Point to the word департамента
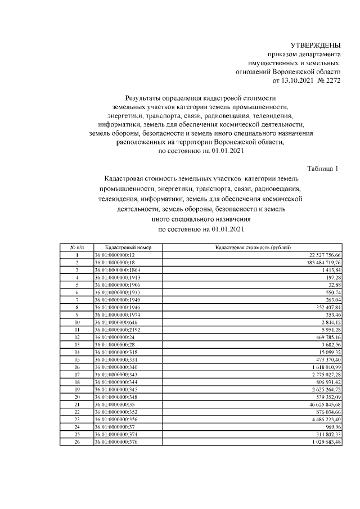[x=319, y=54]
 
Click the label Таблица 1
[x=323, y=168]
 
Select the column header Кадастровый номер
[x=120, y=247]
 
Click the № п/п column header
[x=76, y=247]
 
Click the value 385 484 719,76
[x=316, y=262]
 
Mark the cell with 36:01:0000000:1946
[x=118, y=307]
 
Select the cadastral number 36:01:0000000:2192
[x=118, y=329]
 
